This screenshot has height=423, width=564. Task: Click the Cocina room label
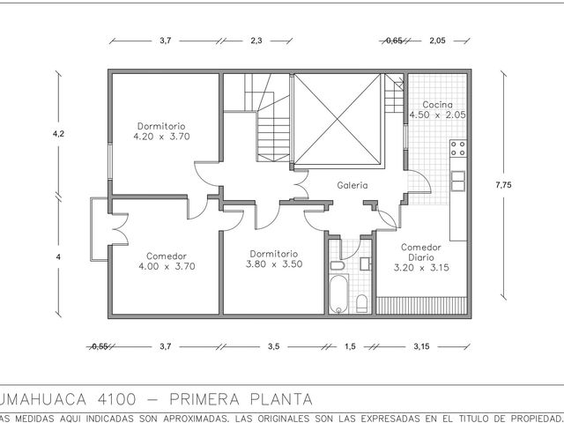(x=437, y=109)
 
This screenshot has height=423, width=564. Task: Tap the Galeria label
(x=352, y=185)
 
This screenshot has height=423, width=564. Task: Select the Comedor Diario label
(x=421, y=257)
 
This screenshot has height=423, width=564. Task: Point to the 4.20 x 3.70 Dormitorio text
(x=161, y=131)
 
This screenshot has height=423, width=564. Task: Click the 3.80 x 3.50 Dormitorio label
(x=274, y=259)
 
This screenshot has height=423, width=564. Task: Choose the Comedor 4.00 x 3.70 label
(x=167, y=261)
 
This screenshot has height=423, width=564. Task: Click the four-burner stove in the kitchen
(x=458, y=148)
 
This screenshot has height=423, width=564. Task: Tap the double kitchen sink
(x=458, y=181)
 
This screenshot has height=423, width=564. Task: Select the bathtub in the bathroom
(x=338, y=294)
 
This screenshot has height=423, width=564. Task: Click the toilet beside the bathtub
(x=362, y=304)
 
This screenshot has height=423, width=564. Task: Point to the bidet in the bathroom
(x=338, y=266)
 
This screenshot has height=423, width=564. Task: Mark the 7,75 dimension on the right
(x=503, y=185)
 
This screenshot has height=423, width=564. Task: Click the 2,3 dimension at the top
(x=256, y=41)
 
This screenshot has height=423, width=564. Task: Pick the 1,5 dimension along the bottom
(x=350, y=346)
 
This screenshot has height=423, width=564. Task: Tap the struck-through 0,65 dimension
(x=394, y=41)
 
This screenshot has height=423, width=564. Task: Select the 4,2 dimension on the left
(x=58, y=134)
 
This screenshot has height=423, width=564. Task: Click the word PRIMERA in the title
(x=204, y=399)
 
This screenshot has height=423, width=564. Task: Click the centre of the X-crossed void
(x=338, y=119)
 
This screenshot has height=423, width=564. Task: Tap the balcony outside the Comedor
(x=100, y=229)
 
